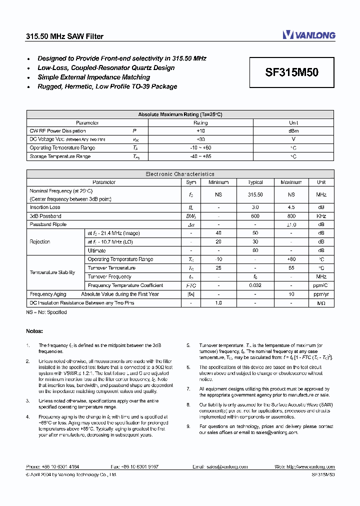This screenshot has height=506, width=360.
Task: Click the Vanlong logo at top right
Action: pos(308,35)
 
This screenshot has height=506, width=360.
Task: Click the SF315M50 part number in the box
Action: pos(291,72)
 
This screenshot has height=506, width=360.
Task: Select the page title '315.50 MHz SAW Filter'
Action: pos(64,36)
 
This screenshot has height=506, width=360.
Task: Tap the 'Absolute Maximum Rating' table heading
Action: pos(180,114)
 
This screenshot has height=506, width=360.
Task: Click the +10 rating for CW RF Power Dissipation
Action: pos(200,131)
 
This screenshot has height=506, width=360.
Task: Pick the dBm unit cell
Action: pos(293,131)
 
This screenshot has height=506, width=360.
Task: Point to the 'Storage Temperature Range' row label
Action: pos(60,156)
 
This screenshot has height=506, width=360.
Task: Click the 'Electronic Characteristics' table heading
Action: pos(180,174)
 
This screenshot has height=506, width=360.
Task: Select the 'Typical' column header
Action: pos(255,182)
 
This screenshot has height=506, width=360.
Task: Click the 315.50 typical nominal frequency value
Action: pos(255,194)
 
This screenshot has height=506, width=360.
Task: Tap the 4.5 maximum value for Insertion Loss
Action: pos(291,207)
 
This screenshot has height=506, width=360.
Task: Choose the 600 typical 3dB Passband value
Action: pos(255,216)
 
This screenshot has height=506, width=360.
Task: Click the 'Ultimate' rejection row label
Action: pos(96,250)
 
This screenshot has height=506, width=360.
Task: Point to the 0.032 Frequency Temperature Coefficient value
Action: pos(255,285)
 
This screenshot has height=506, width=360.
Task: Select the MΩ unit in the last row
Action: pos(321,303)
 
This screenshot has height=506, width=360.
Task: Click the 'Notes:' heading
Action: pos(34,331)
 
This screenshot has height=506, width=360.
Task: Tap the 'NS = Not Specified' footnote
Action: pos(46,312)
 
